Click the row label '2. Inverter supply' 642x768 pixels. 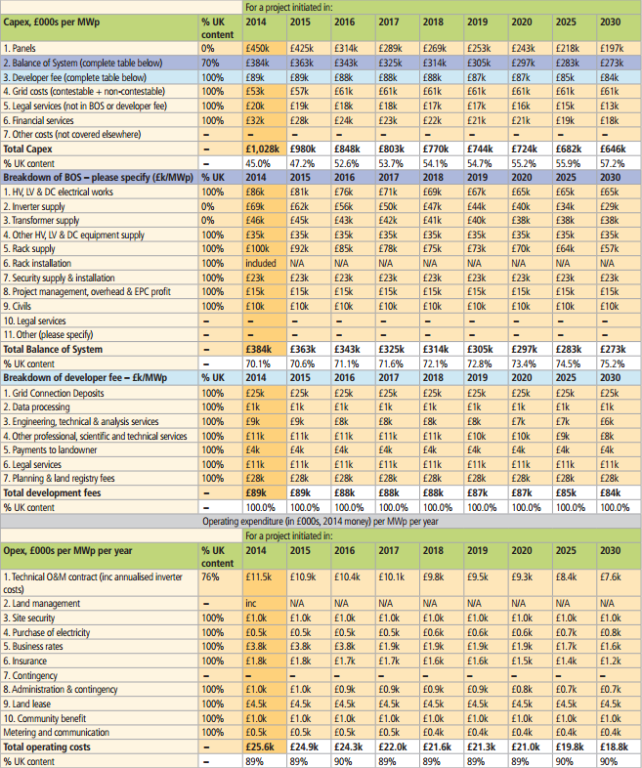39,206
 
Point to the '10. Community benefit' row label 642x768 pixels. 48,717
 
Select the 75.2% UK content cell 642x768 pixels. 615,362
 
